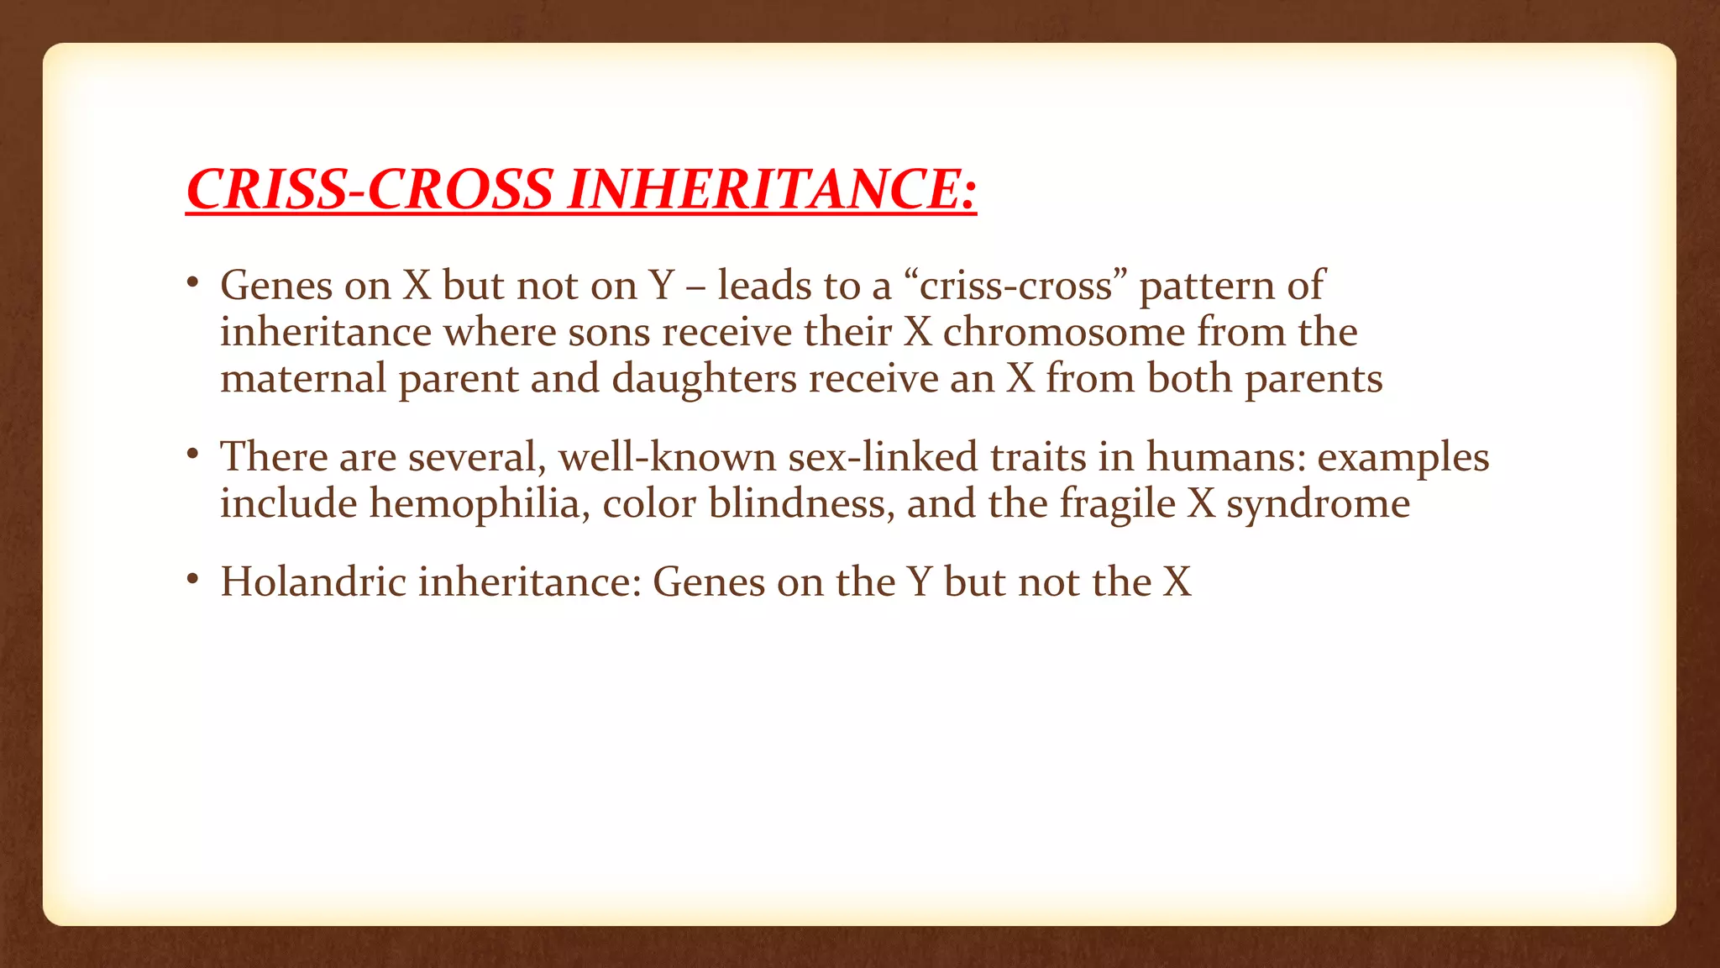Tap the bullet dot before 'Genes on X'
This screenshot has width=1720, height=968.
pos(192,282)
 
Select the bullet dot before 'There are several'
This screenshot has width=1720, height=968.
pos(192,455)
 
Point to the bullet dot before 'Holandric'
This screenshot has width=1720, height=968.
pos(192,579)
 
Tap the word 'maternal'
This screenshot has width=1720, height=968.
pos(303,378)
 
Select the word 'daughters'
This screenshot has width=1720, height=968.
pos(704,378)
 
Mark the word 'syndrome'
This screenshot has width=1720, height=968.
pos(1318,503)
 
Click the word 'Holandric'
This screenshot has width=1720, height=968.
pos(313,581)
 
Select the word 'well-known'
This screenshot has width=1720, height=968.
pos(668,457)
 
